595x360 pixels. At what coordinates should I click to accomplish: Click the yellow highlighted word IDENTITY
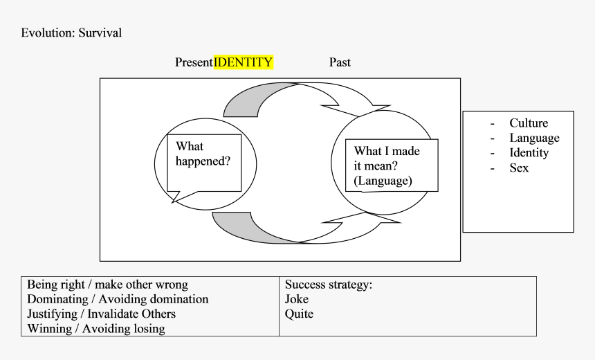pos(244,62)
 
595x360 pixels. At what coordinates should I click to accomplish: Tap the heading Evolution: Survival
pos(71,33)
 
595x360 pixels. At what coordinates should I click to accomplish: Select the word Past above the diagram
pos(340,62)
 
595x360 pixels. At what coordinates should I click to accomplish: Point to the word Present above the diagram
pos(194,62)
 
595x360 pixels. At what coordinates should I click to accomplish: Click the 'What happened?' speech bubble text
pos(203,154)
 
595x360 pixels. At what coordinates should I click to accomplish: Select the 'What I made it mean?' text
pos(387,159)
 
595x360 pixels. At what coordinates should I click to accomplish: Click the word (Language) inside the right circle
pos(383,181)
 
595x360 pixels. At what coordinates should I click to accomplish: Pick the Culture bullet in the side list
pos(529,123)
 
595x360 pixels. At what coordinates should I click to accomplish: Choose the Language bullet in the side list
pos(534,138)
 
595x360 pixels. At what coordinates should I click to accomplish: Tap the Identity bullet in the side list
pos(529,153)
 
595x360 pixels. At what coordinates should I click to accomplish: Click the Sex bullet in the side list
pos(519,168)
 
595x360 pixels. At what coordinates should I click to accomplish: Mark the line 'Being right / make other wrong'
pos(107,285)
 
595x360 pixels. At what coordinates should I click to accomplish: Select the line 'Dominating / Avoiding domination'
pos(118,299)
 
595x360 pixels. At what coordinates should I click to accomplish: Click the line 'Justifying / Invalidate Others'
pos(101,314)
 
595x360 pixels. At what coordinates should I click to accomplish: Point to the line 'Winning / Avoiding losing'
pos(96,329)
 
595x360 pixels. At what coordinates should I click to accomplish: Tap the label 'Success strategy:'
pos(329,285)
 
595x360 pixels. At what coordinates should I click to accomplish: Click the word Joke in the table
pos(297,299)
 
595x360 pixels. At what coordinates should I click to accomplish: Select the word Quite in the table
pos(299,314)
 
